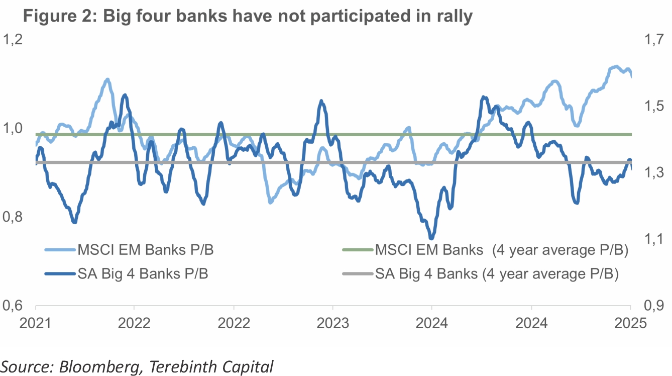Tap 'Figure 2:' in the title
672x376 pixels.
click(x=59, y=16)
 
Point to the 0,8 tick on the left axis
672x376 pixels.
click(x=15, y=217)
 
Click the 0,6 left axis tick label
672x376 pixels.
click(x=15, y=306)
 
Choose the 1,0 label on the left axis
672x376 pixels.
click(x=15, y=129)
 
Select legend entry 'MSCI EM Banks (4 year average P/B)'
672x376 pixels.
click(x=502, y=249)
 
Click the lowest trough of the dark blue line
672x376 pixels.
click(x=431, y=238)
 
